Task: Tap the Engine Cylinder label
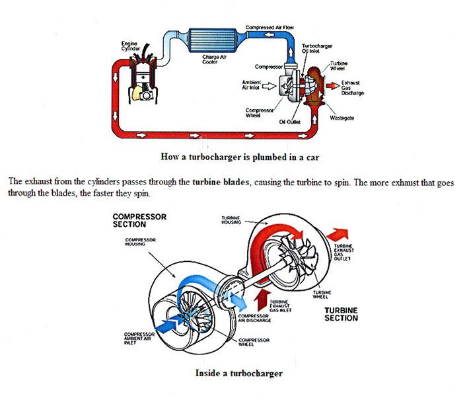pyautogui.click(x=129, y=47)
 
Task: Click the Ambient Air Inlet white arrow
pyautogui.click(x=268, y=86)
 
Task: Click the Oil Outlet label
pyautogui.click(x=290, y=122)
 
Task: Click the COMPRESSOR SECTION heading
pyautogui.click(x=139, y=220)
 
